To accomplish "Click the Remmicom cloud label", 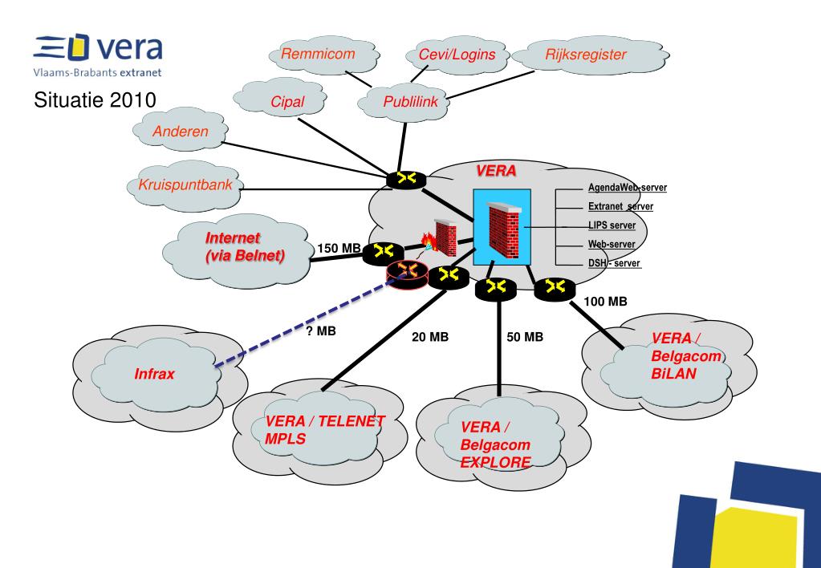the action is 318,54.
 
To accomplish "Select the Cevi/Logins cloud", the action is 457,55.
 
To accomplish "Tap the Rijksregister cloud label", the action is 585,55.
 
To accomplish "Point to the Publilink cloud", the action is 404,102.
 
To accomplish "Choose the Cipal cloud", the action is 280,99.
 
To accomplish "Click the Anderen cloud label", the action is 180,132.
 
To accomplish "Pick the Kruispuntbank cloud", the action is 185,186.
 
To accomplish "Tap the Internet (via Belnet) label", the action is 245,246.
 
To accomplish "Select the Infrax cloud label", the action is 154,374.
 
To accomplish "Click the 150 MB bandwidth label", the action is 339,248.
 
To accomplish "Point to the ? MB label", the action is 321,331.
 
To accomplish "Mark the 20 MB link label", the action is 430,337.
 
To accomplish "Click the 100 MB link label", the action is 605,302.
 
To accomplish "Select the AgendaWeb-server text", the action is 628,188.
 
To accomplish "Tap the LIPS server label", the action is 612,225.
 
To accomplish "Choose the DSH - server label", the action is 614,263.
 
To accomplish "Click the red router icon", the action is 407,274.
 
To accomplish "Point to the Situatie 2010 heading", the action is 95,99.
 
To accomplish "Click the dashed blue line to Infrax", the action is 306,321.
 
